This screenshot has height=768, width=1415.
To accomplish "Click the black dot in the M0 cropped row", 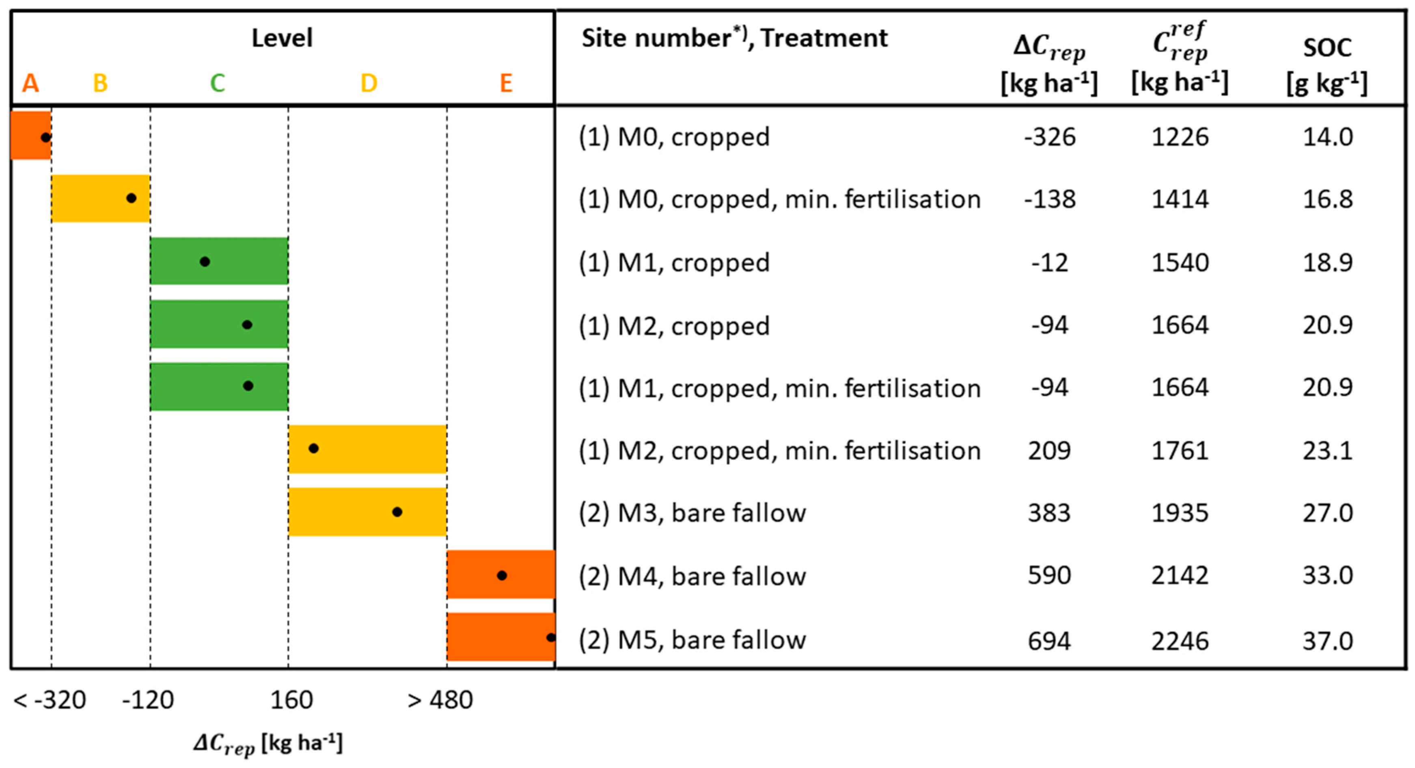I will coord(46,137).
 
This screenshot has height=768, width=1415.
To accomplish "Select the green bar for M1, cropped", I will coord(219,261).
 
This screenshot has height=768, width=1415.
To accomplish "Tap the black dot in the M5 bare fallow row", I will coord(550,637).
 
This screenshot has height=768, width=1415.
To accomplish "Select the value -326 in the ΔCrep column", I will coord(1049,137).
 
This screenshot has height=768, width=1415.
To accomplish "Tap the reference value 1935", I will coord(1180,513).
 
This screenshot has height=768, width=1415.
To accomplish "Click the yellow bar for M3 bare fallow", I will coord(367,512).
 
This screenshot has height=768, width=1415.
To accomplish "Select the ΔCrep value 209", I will coord(1049,451).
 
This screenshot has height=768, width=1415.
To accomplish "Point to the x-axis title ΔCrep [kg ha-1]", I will coord(268,744).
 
